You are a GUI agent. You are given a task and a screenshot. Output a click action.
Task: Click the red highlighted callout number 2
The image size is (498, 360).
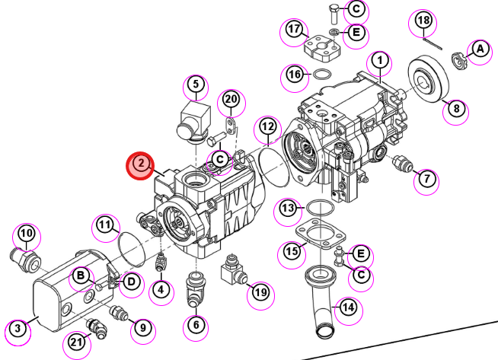[140, 165]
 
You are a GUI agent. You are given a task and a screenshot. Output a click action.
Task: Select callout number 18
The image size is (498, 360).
[423, 21]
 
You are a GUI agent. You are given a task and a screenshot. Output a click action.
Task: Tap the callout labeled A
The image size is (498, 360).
[480, 49]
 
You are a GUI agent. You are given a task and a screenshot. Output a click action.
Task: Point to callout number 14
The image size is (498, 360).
[349, 307]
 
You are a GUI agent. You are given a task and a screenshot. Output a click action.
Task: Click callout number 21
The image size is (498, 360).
[76, 342]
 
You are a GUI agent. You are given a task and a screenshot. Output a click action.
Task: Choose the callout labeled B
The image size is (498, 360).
[81, 276]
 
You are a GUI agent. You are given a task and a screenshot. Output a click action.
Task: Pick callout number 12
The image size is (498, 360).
[267, 127]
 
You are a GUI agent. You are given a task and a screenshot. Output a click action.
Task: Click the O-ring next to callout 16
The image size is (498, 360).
[322, 75]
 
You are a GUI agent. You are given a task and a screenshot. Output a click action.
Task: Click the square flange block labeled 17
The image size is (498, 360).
[322, 49]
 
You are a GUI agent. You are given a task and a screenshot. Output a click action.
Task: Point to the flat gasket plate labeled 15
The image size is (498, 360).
[321, 234]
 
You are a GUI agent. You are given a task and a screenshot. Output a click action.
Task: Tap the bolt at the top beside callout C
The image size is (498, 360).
[334, 14]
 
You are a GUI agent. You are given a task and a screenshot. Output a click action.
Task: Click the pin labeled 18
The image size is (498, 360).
[433, 43]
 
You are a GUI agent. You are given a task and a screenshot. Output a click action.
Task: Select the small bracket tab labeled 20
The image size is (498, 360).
[231, 126]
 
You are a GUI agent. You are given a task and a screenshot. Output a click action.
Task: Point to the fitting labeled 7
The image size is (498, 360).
[403, 163]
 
